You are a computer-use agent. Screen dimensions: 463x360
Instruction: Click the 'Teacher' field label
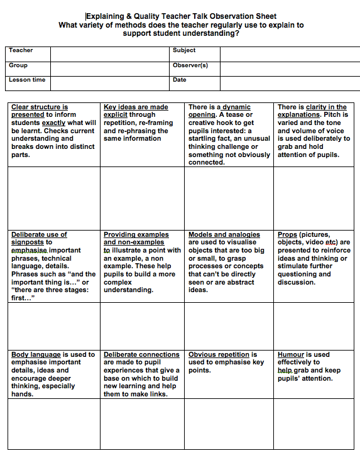coord(21,50)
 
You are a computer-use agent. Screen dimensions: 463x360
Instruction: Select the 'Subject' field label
coord(183,50)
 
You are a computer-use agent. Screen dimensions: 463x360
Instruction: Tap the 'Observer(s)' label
coord(190,65)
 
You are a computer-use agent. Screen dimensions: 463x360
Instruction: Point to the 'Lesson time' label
coord(27,80)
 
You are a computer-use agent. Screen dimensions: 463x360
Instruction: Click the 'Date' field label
coord(179,80)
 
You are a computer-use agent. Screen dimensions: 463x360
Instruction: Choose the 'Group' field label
coord(18,65)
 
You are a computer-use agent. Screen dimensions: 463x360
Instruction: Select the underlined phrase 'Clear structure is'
coord(40,107)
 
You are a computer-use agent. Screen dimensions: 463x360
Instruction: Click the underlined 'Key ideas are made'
coord(136,107)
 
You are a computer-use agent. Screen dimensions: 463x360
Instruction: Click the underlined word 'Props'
coord(287,235)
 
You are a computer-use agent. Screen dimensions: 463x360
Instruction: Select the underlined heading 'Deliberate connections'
coord(141,355)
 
